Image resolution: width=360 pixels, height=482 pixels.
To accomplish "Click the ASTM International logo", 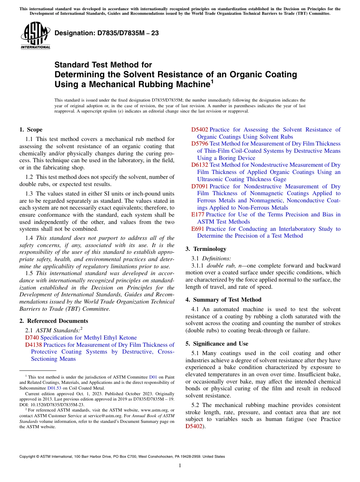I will (35, 36).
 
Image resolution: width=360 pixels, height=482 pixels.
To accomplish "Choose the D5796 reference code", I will (199, 144).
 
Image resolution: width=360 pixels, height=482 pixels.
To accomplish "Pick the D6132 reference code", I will (199, 165).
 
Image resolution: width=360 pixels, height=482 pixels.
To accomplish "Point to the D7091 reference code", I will (199, 186).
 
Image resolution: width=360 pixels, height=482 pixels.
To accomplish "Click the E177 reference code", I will (198, 214).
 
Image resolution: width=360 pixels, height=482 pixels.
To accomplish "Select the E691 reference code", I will (198, 229).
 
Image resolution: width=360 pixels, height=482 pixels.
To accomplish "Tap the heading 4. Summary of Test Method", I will (223, 300).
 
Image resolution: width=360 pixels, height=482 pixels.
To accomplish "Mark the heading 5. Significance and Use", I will (217, 344).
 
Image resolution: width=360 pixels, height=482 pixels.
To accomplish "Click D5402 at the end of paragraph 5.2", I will (194, 426).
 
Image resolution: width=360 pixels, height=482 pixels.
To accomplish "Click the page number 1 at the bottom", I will (180, 466).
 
